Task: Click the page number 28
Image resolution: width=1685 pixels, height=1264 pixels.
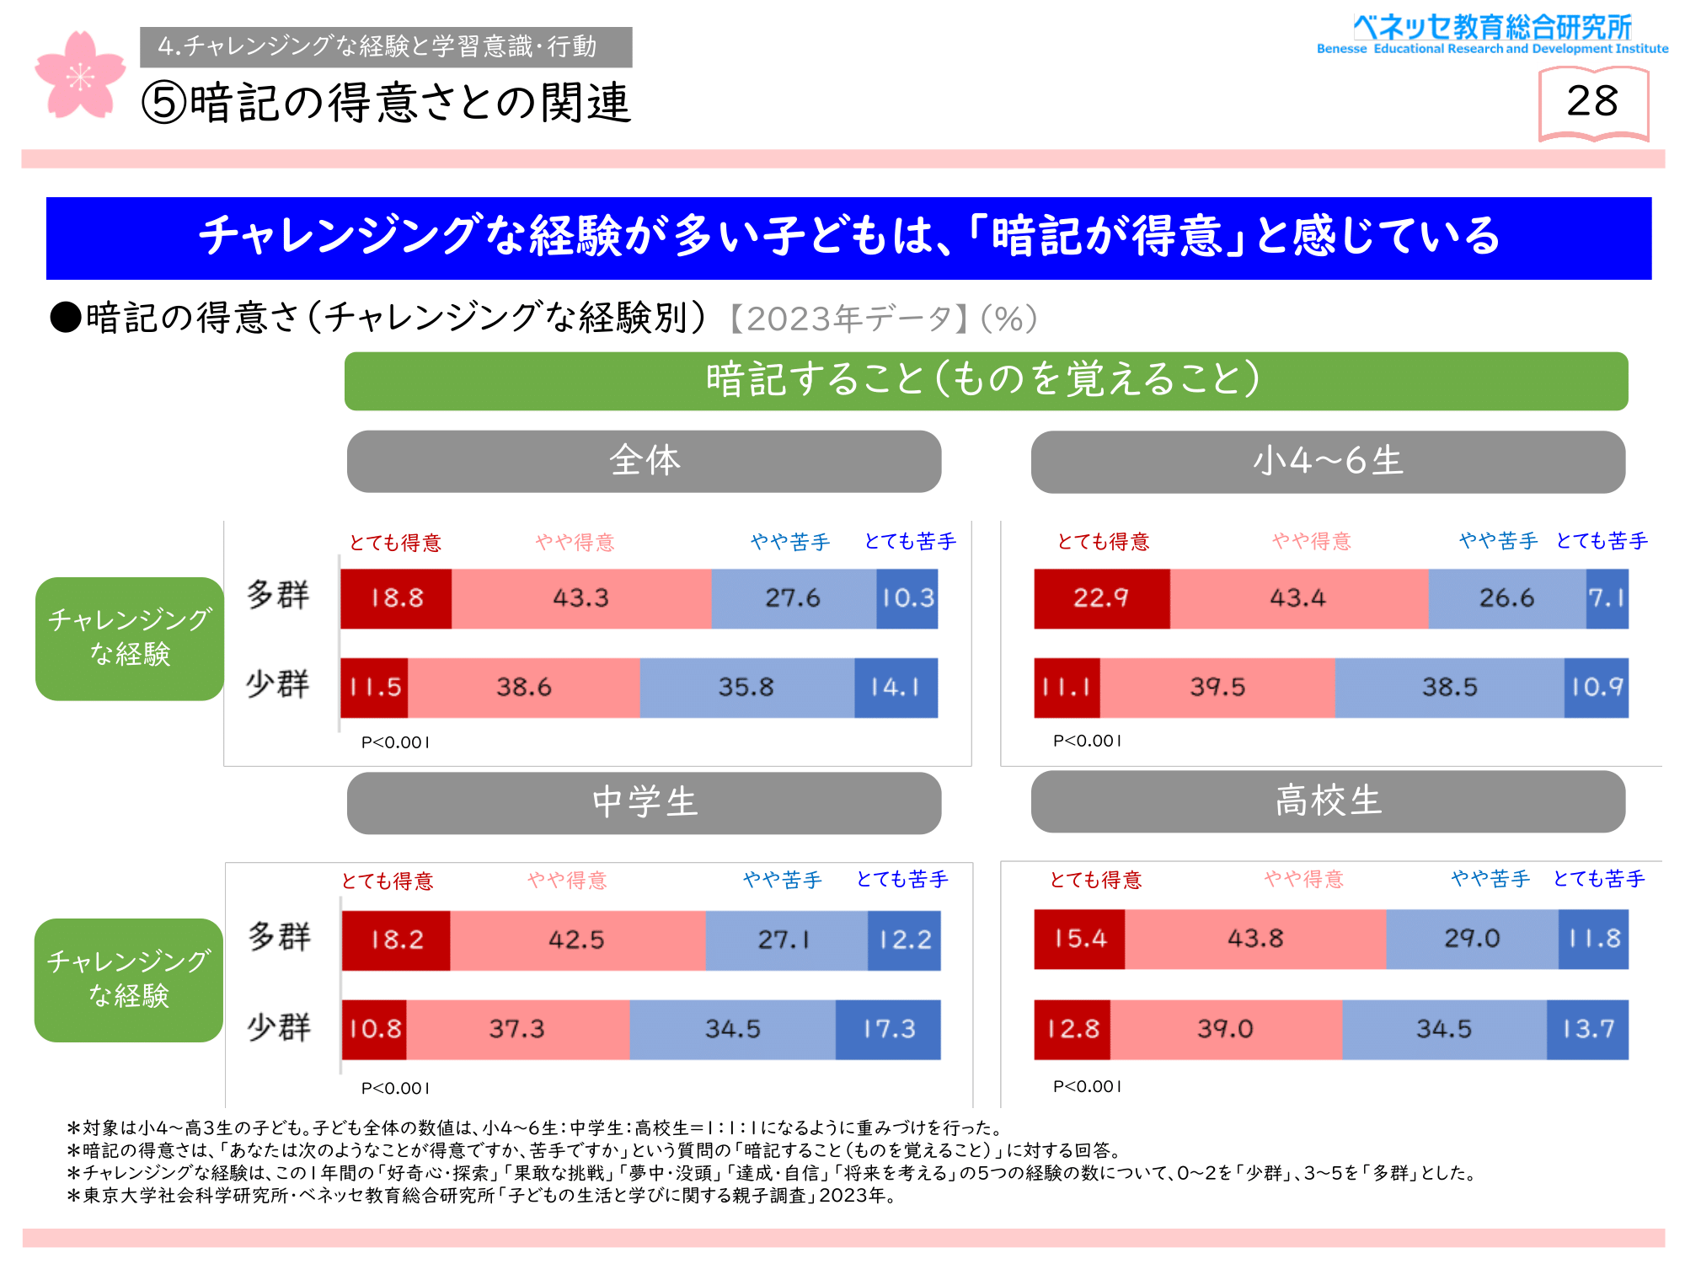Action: (1592, 101)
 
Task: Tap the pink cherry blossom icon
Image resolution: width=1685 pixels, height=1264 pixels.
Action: (79, 76)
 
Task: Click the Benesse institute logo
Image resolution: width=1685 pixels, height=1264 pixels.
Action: (1492, 35)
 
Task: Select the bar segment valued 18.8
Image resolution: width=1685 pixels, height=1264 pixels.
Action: (396, 598)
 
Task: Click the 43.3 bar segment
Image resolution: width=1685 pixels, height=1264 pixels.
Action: (581, 598)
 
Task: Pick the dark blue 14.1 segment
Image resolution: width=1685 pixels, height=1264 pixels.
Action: (896, 688)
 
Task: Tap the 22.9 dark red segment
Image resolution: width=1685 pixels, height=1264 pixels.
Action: (1101, 598)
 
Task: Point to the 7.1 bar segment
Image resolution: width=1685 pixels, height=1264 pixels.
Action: (1607, 598)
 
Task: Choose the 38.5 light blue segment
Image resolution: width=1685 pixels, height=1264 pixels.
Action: (1449, 688)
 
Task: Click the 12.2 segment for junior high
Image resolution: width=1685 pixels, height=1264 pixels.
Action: (904, 940)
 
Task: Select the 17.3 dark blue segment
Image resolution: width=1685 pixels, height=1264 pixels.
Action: (888, 1030)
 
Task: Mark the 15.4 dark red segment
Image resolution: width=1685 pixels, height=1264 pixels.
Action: (1079, 939)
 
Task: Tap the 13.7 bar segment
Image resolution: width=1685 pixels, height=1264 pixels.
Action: (1587, 1030)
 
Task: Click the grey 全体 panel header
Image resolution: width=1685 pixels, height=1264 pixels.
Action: (644, 462)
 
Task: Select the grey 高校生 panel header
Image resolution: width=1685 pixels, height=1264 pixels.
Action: (1328, 801)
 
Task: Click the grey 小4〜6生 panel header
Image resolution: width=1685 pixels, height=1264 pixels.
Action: (1328, 462)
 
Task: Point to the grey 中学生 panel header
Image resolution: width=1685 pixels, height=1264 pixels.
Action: (644, 803)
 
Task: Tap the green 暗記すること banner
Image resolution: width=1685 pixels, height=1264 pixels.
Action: (986, 381)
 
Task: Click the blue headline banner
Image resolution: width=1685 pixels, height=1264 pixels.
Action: (848, 238)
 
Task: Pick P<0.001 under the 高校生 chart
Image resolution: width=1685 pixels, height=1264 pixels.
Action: (1087, 1086)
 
